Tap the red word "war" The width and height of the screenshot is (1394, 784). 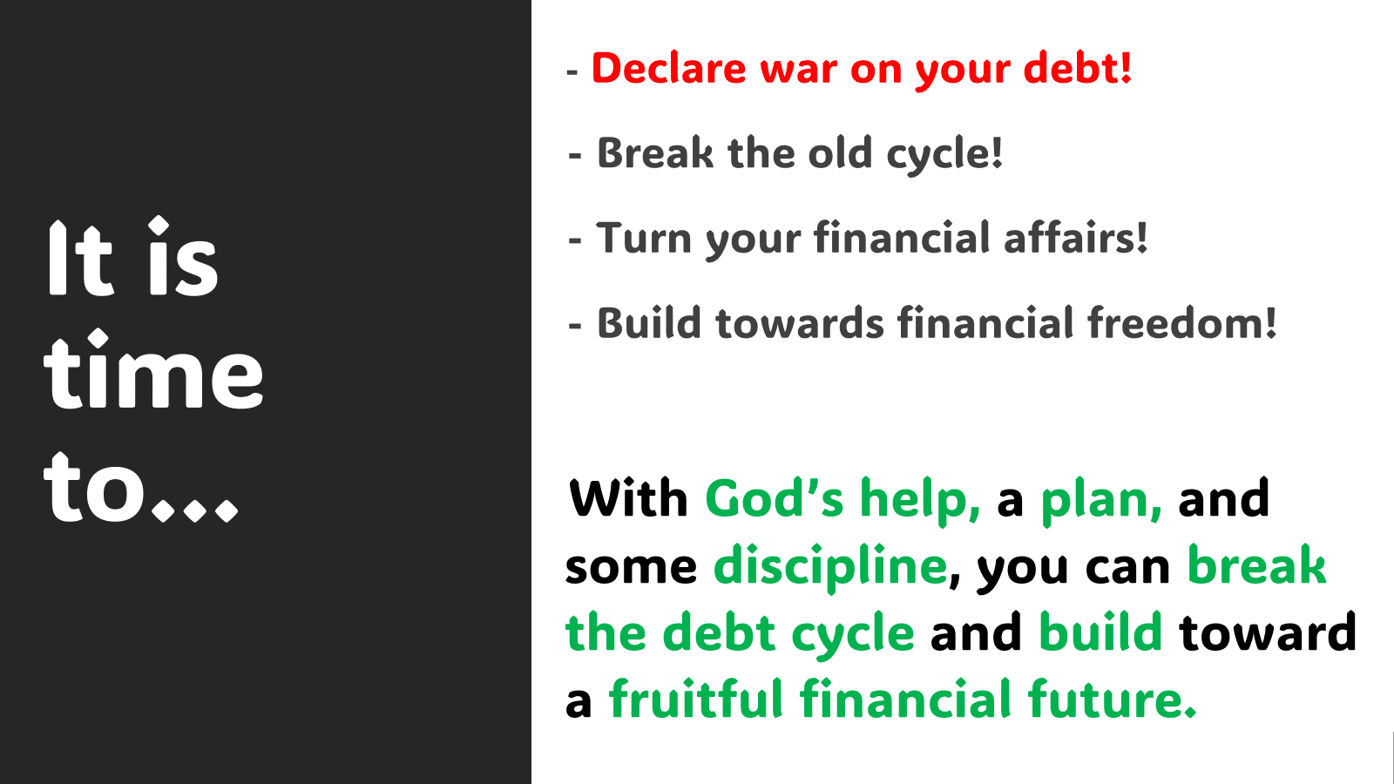798,71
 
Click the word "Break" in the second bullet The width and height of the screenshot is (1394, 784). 654,152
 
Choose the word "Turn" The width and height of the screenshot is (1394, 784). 644,238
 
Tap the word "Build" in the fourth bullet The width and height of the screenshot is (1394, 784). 649,322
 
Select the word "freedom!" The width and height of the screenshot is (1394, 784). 1181,322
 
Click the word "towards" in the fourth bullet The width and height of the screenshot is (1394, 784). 800,323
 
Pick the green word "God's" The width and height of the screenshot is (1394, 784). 775,498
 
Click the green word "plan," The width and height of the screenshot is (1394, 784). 1101,503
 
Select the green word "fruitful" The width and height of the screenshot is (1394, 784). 695,698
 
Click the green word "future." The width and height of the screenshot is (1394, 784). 1112,698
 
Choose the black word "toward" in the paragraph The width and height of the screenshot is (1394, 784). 1267,632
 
